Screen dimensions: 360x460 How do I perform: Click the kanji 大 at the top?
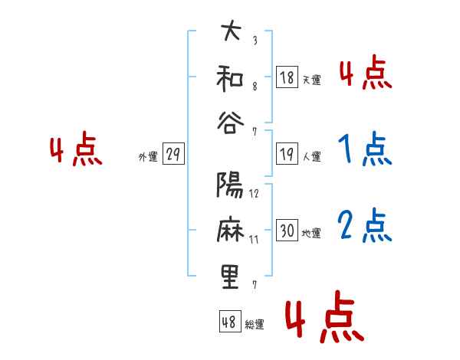coord(230,33)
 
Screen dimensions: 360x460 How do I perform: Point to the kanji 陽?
coord(230,185)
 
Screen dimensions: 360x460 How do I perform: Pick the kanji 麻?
coord(230,231)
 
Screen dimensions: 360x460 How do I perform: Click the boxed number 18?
coord(287,77)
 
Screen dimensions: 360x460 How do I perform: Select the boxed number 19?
coord(287,154)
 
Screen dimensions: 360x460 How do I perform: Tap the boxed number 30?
coord(287,231)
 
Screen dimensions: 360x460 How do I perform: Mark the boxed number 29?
coord(172,155)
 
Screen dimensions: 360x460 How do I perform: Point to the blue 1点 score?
coord(365,150)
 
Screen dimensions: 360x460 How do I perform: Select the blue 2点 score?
coord(365,226)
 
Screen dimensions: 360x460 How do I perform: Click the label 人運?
coord(312,157)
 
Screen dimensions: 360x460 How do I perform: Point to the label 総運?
coord(255,325)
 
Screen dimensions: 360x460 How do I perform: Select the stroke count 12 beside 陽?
coord(254,194)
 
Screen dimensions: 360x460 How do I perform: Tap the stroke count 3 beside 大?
coord(254,41)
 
